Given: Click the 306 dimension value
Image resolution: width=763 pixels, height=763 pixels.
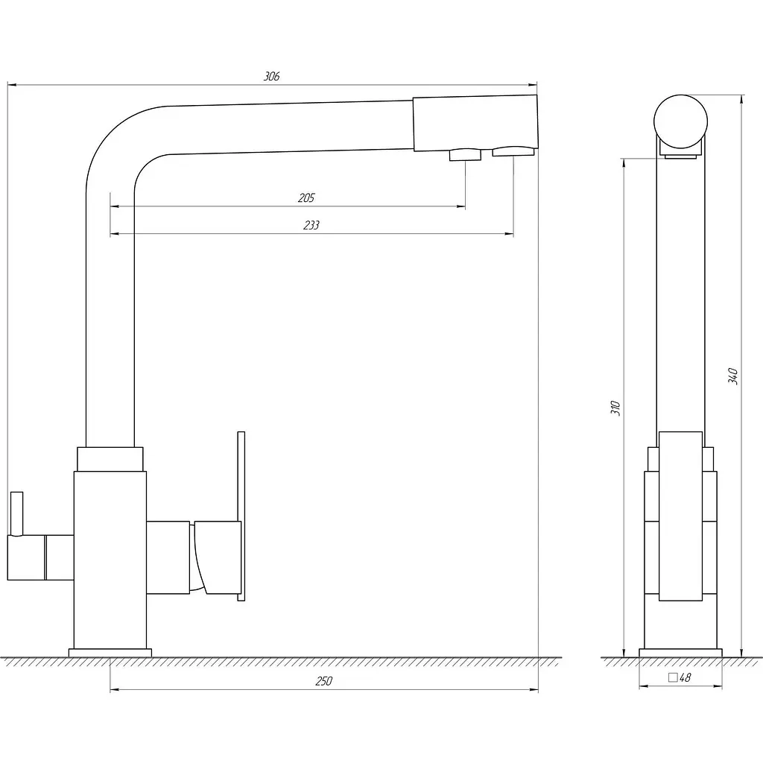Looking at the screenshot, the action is tap(271, 77).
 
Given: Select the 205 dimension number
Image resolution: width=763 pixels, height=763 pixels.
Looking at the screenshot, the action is tap(306, 198).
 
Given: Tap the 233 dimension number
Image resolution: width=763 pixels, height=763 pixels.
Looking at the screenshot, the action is tap(311, 225).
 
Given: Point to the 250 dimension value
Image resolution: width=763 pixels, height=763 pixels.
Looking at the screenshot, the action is tap(323, 681).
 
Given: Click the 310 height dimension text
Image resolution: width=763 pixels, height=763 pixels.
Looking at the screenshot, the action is tap(615, 408).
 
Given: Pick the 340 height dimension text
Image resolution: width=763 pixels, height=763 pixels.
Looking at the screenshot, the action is tap(733, 376).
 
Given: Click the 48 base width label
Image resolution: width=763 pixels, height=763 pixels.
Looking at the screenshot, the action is tap(686, 677).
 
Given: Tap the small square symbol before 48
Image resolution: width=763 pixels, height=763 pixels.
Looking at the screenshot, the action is tap(673, 677).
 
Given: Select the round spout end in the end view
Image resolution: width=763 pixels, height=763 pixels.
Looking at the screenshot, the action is tap(680, 121).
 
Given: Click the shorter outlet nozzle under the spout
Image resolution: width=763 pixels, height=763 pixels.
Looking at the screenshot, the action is tap(465, 155).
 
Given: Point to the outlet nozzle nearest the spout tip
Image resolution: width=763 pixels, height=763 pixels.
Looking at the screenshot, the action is tap(513, 152).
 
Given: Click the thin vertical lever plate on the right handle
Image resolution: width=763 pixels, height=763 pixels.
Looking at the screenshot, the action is tap(241, 516).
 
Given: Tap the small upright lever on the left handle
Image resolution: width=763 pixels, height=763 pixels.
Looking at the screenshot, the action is tap(16, 513).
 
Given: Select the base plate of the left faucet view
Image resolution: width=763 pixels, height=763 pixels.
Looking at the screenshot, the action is tap(110, 653).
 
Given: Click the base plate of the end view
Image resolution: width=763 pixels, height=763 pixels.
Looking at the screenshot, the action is tap(680, 653).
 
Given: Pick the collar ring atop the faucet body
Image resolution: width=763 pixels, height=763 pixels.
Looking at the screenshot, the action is tap(110, 459).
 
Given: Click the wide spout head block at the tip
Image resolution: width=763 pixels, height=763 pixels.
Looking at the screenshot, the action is tap(475, 123).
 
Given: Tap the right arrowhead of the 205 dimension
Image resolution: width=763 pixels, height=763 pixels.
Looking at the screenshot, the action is tap(461, 206).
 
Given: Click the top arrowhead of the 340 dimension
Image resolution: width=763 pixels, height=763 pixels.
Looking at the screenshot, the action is tap(741, 99).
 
